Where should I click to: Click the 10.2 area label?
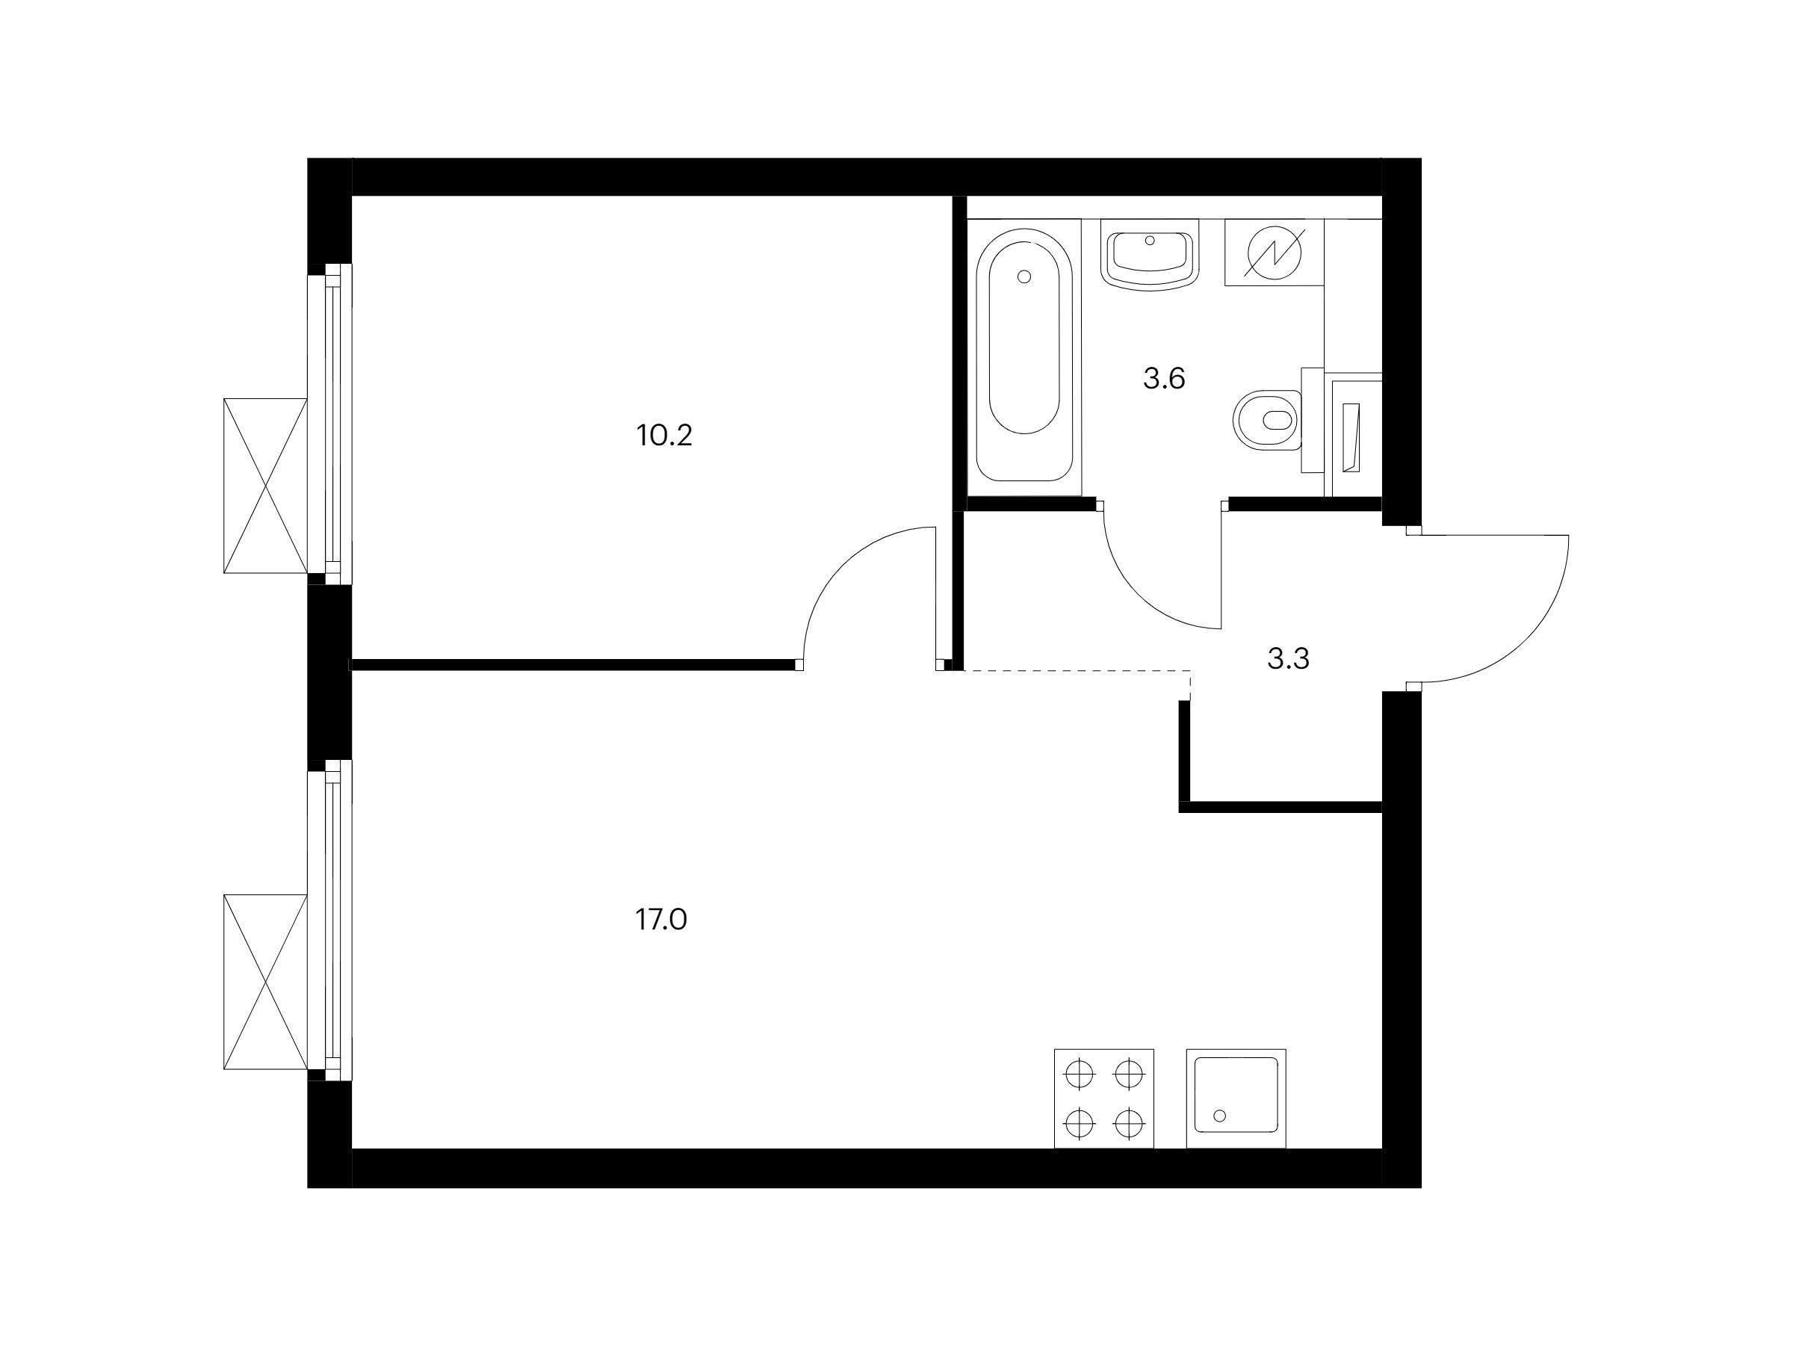coord(664,436)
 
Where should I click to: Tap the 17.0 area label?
coord(661,919)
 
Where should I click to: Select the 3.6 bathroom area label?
coord(1164,379)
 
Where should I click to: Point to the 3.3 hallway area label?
coord(1288,659)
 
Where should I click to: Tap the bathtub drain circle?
coord(1024,277)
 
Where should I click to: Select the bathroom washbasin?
coord(1150,255)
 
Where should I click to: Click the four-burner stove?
coord(1103,1098)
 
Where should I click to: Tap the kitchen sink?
coord(1236,1098)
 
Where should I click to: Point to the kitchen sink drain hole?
coord(1220,1116)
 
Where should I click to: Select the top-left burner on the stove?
coord(1079,1075)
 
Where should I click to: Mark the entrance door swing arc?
coord(1525,641)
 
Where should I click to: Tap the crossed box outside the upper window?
coord(265,486)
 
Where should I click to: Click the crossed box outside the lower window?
coord(265,982)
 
